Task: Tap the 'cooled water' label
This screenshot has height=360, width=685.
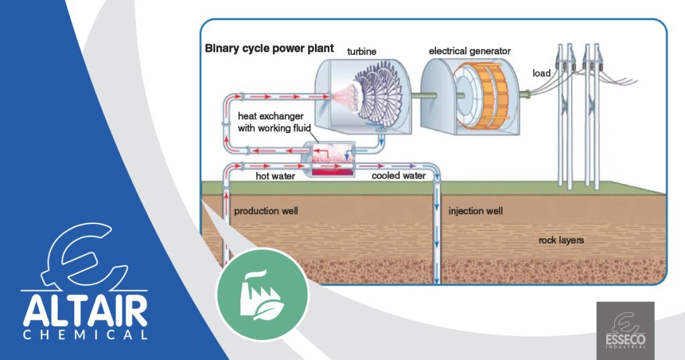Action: [399, 176]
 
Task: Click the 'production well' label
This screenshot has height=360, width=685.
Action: [266, 211]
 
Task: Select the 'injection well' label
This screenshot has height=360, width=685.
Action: [476, 211]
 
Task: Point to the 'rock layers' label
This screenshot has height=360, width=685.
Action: [561, 240]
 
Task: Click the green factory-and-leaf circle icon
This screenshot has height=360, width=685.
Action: [262, 294]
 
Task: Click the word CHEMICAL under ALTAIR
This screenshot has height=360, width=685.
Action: [84, 334]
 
